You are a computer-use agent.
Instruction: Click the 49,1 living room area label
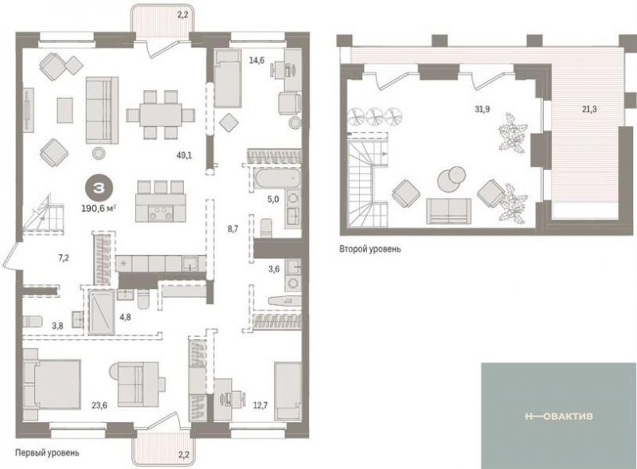[185, 154]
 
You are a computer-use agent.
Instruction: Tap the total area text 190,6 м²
[99, 209]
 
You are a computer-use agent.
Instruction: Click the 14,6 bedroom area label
[256, 61]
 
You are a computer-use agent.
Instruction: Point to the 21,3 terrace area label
[589, 109]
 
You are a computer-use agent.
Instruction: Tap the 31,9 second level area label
[483, 109]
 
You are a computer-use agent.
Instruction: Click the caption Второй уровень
[369, 248]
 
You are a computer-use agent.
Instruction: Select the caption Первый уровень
[47, 452]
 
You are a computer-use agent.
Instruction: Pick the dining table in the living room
[160, 115]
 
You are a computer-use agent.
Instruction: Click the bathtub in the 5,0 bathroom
[271, 180]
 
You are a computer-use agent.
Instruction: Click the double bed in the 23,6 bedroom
[52, 384]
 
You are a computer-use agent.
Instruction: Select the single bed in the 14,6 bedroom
[228, 77]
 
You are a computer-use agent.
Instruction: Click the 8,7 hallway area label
[233, 229]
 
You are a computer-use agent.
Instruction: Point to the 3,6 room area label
[274, 268]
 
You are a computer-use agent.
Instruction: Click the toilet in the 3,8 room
[33, 321]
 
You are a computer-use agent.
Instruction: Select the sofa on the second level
[448, 211]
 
